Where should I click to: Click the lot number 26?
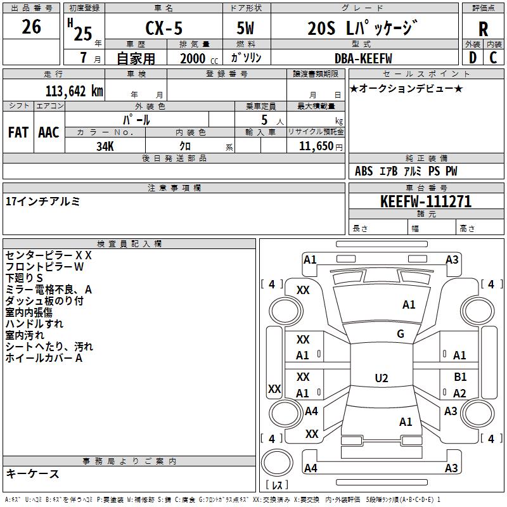[x=31, y=27]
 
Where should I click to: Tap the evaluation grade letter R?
[x=484, y=29]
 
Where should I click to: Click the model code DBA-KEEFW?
[x=363, y=58]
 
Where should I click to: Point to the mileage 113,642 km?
[x=74, y=91]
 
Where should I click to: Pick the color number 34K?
[x=105, y=146]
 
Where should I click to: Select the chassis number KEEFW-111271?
[x=425, y=202]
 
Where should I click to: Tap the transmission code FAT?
[x=18, y=132]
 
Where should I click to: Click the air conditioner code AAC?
[x=48, y=132]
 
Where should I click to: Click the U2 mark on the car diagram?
[x=381, y=378]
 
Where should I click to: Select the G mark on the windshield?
[x=401, y=334]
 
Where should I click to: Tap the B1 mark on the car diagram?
[x=460, y=377]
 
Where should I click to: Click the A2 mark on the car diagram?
[x=460, y=394]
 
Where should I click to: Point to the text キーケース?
[x=33, y=473]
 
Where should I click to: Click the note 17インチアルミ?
[x=42, y=201]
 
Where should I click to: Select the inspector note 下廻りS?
[x=24, y=278]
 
